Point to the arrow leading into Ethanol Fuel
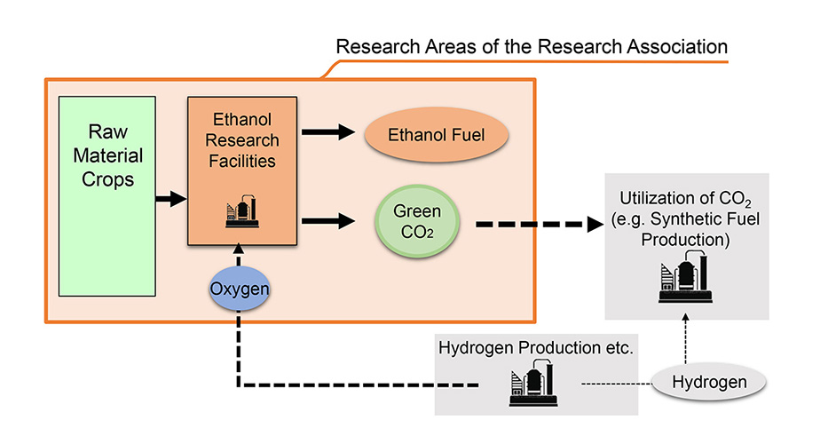coord(328,134)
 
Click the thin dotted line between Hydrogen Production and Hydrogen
coord(613,384)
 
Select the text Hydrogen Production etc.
coord(535,348)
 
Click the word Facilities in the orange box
coord(241,162)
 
